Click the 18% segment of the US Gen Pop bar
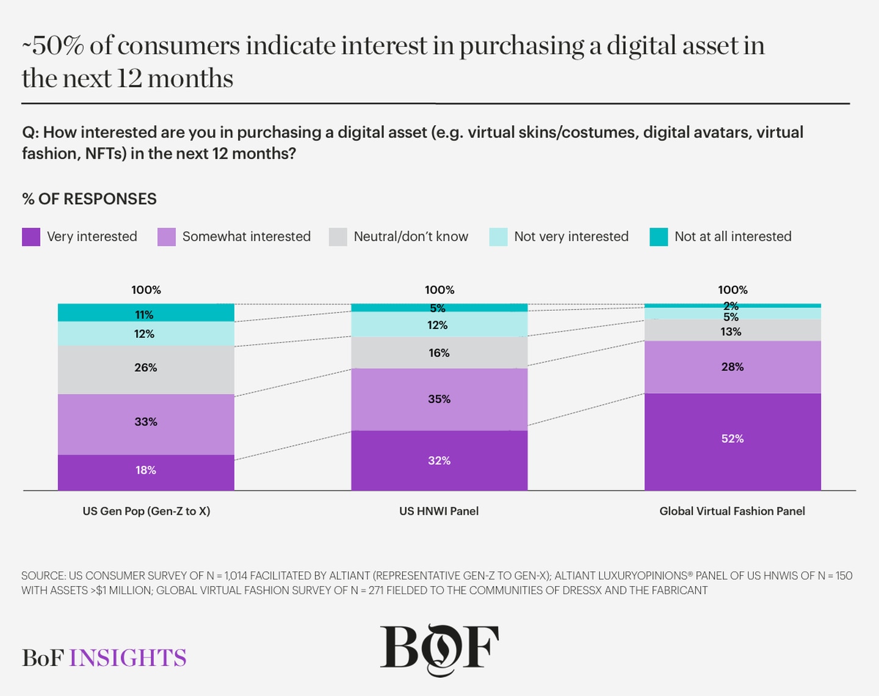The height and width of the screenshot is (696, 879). [146, 472]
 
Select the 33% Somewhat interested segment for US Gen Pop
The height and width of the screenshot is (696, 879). [146, 424]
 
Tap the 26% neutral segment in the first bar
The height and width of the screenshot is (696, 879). [146, 370]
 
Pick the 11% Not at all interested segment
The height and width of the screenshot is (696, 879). [146, 313]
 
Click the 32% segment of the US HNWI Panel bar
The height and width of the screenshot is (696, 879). [439, 460]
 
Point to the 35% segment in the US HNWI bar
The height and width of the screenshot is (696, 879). [439, 399]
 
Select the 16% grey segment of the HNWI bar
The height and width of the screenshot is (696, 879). [439, 353]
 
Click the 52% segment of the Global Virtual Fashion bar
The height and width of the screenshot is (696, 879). [733, 441]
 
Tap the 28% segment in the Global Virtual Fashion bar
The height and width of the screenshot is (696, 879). [733, 367]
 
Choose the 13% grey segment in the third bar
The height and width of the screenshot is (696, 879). [733, 330]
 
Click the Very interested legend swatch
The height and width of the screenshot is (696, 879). [31, 237]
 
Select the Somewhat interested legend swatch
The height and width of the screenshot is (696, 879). [166, 237]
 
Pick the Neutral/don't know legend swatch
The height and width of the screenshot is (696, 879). [338, 237]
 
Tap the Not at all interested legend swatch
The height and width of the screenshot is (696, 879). [659, 237]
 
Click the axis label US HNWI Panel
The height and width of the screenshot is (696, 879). [439, 511]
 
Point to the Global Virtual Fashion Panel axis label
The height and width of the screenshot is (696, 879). [732, 511]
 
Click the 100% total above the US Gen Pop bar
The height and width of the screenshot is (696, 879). [146, 290]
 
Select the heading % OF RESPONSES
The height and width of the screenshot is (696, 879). [89, 199]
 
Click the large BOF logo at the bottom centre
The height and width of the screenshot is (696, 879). [440, 649]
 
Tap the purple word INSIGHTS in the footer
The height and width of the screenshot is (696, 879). [128, 658]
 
